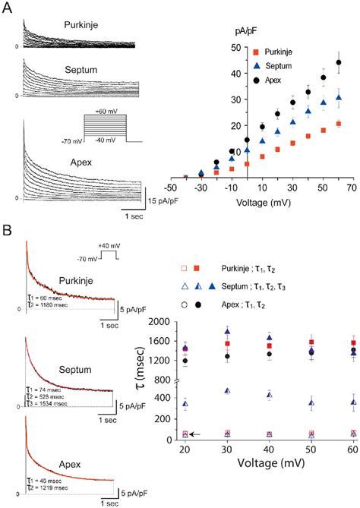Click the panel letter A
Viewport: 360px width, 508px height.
click(x=8, y=8)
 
